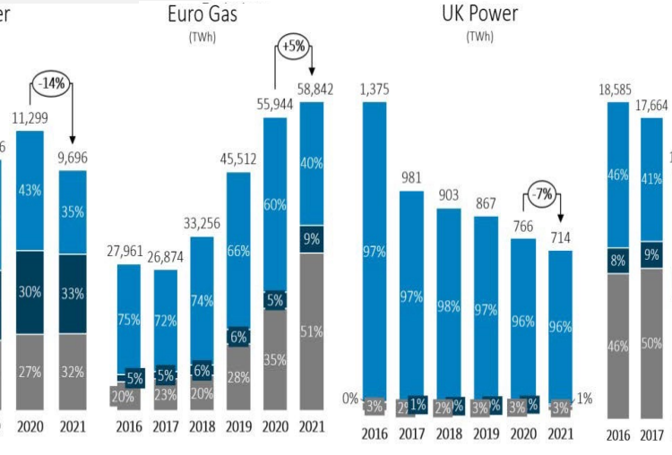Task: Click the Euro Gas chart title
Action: coord(208,14)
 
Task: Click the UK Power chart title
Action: coord(478,14)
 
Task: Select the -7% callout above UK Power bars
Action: coord(539,194)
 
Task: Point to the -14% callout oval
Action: coord(51,83)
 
